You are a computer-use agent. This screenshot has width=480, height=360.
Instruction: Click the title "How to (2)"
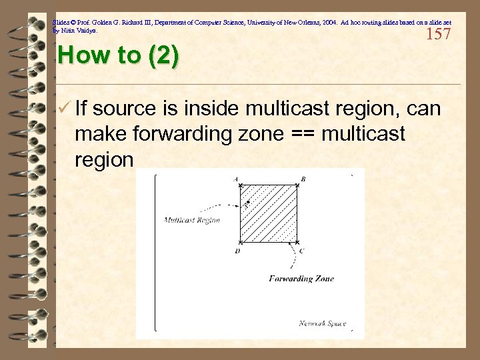click(x=118, y=55)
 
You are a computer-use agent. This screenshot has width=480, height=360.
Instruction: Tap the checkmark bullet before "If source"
click(x=64, y=107)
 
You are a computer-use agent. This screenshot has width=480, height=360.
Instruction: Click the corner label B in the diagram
click(x=303, y=179)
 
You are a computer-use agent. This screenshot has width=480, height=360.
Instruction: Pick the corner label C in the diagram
click(x=302, y=251)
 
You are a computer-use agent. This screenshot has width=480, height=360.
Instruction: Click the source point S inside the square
click(x=248, y=202)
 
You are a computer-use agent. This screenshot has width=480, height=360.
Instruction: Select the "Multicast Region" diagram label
click(x=192, y=220)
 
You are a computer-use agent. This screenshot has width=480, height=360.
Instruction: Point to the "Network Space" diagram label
click(x=323, y=323)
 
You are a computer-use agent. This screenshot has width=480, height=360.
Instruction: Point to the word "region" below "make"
click(x=105, y=161)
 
